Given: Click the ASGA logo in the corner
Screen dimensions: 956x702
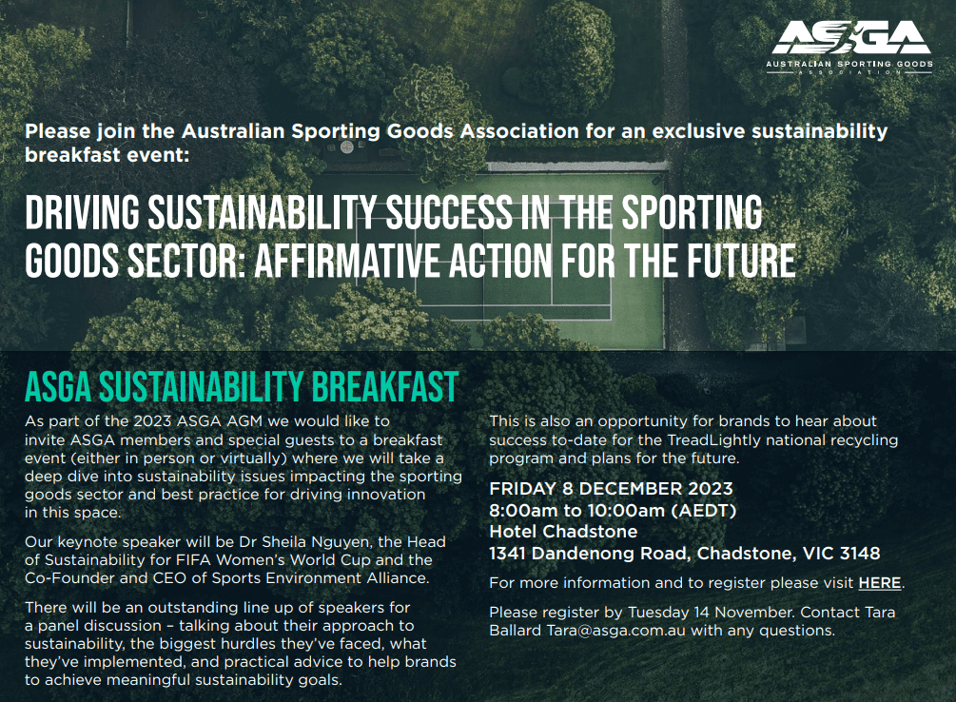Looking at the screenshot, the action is coord(849,48).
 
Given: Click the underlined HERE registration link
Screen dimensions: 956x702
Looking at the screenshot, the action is coord(880,583).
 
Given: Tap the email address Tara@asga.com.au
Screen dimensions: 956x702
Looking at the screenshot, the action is coord(615,631).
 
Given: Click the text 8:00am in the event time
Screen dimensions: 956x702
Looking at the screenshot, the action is coord(524,511).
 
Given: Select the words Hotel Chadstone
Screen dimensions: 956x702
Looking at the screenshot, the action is coord(563,532).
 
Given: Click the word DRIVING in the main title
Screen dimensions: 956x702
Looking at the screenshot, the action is coord(83,213).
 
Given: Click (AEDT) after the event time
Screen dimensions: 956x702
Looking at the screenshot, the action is coord(704,511).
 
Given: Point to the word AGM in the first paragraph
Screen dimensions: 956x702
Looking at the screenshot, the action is coord(244,421).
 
